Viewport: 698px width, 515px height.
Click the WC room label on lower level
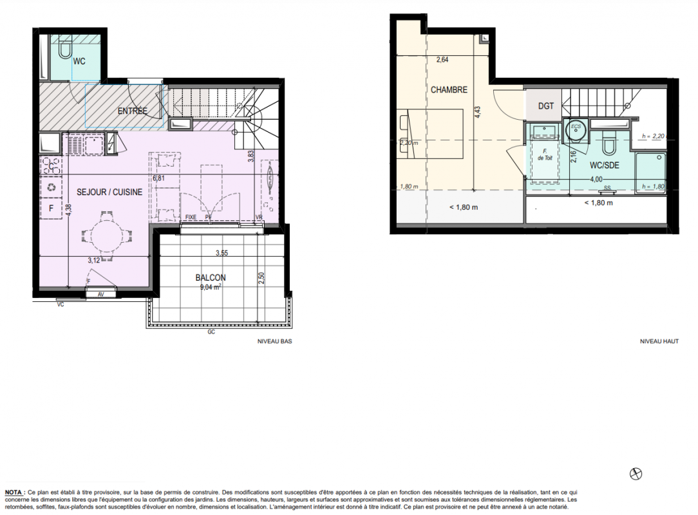pyautogui.click(x=79, y=61)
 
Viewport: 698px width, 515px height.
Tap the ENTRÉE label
pyautogui.click(x=132, y=110)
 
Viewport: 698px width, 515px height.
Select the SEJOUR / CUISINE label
pyautogui.click(x=109, y=192)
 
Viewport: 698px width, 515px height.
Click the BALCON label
pyautogui.click(x=211, y=277)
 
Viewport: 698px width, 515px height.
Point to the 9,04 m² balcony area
pyautogui.click(x=211, y=287)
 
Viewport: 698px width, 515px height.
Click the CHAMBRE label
pyautogui.click(x=449, y=89)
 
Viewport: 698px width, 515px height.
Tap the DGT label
pyautogui.click(x=546, y=106)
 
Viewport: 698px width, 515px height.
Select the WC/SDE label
pyautogui.click(x=604, y=165)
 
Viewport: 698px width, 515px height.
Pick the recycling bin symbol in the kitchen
pyautogui.click(x=52, y=187)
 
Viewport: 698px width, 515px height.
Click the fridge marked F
pyautogui.click(x=52, y=209)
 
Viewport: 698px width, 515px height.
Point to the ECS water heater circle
pyautogui.click(x=576, y=129)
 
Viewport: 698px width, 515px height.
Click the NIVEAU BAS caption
pyautogui.click(x=275, y=341)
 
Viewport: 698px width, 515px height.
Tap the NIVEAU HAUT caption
pyautogui.click(x=659, y=341)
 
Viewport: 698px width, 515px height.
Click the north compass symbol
pyautogui.click(x=636, y=474)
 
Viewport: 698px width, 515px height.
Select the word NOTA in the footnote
pyautogui.click(x=14, y=492)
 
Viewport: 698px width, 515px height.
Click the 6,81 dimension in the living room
pyautogui.click(x=158, y=178)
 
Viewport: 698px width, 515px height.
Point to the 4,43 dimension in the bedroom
pyautogui.click(x=477, y=112)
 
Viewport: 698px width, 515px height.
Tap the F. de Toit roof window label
pyautogui.click(x=545, y=154)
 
